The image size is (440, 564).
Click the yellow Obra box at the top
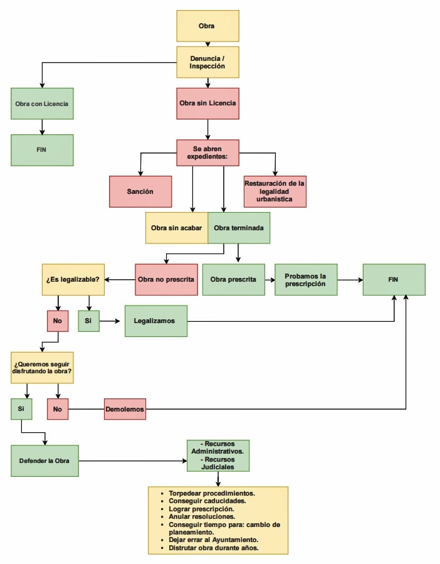point(208,26)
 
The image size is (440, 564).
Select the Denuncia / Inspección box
point(208,62)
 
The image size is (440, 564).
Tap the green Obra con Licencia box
point(42,104)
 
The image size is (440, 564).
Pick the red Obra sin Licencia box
point(208,104)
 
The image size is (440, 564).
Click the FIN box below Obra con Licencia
point(42,150)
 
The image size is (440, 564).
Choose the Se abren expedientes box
point(208,153)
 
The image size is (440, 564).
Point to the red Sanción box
point(140,192)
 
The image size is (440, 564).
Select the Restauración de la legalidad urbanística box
point(275,192)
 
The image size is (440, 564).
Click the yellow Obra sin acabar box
point(177,228)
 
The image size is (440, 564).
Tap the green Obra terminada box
point(239,228)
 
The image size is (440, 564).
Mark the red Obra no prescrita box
point(167,279)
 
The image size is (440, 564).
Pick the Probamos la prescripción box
point(306,279)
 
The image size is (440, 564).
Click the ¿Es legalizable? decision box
point(73,279)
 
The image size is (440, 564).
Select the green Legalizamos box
point(156,321)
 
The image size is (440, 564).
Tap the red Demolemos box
point(125,409)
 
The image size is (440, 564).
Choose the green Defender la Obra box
point(45,460)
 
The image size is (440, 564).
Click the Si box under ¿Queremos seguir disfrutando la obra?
point(21,409)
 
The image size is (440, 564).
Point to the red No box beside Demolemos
point(58,409)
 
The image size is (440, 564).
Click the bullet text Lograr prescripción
point(201,509)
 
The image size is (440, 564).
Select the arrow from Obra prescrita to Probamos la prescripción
point(270,279)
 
